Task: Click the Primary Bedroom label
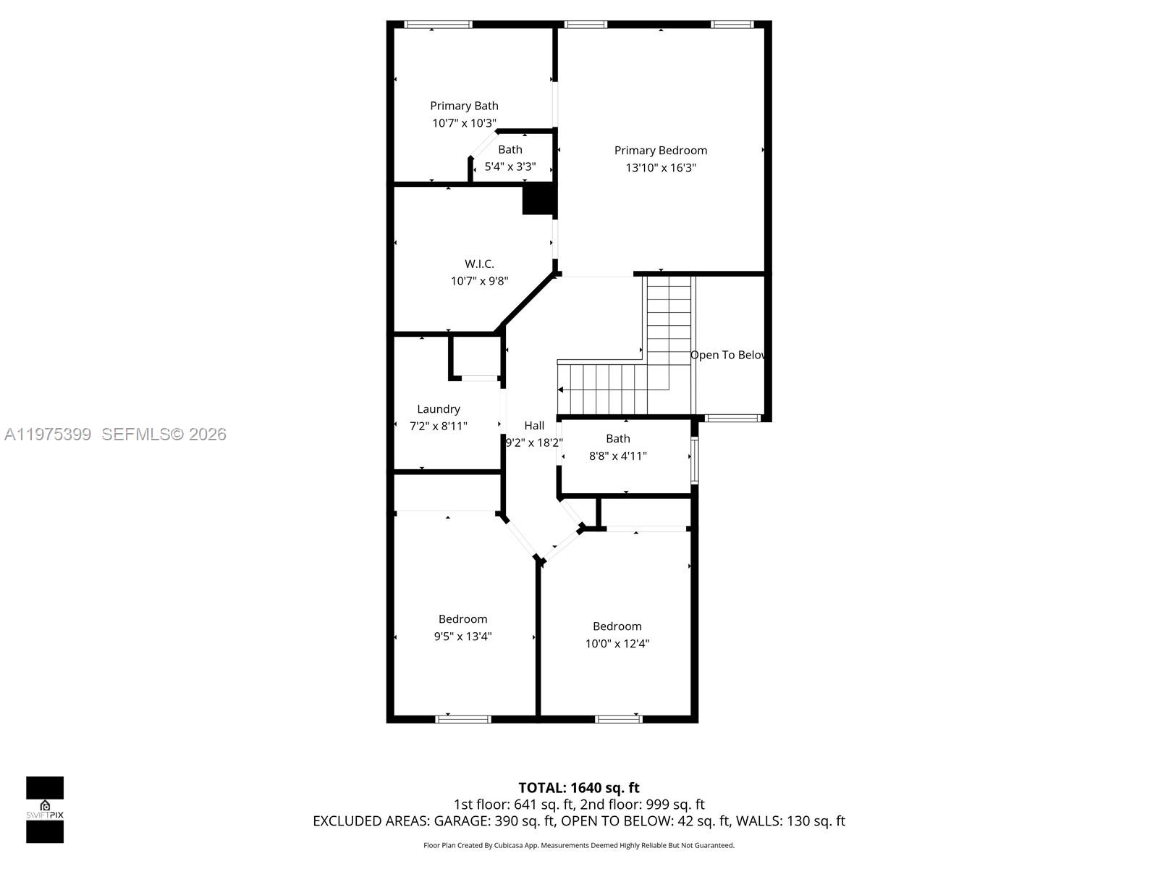tap(660, 151)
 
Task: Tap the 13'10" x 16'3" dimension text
tap(660, 168)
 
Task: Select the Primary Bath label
tap(464, 106)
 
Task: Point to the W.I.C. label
tap(479, 264)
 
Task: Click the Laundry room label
tap(438, 409)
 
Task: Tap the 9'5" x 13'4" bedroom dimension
tap(462, 637)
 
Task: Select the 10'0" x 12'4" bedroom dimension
tap(617, 644)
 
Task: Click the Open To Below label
tap(727, 355)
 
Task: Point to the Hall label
tap(534, 426)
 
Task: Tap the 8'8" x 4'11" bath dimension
tap(617, 456)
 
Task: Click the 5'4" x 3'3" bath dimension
tap(510, 167)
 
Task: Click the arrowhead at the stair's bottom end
tap(561, 390)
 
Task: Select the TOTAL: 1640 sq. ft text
tap(578, 788)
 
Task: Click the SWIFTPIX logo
tap(45, 810)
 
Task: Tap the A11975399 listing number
tap(48, 434)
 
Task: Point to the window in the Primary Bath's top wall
tap(437, 25)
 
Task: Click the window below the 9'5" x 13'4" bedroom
tap(462, 719)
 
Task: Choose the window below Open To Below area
tap(732, 418)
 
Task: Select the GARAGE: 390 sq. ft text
tap(494, 821)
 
